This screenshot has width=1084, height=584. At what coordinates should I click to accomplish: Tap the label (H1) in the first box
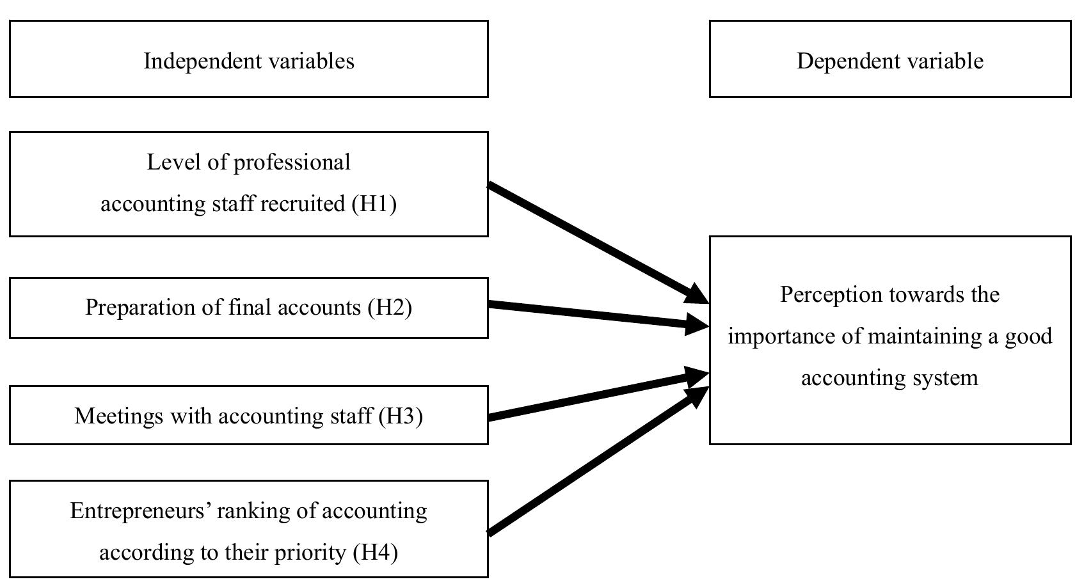point(374,204)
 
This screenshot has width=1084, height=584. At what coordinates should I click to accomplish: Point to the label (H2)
point(390,308)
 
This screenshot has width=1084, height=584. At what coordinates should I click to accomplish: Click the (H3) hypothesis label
point(401,416)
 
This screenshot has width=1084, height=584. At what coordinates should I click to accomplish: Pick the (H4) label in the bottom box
point(376,552)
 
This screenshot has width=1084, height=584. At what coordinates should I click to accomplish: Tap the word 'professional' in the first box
point(292,162)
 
